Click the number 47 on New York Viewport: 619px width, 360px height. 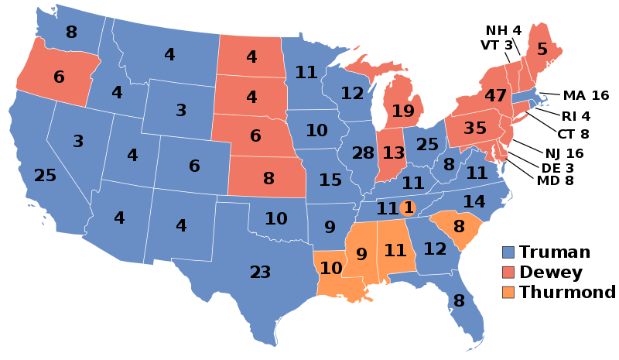click(x=495, y=96)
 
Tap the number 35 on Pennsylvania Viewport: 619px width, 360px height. click(x=474, y=128)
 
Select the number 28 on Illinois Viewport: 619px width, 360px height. click(x=363, y=153)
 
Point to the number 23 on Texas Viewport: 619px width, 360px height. click(x=260, y=273)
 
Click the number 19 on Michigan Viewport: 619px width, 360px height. click(x=402, y=111)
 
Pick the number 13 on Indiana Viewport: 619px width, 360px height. click(x=393, y=153)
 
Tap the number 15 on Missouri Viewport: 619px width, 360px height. click(x=330, y=180)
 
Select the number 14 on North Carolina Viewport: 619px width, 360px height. click(x=474, y=202)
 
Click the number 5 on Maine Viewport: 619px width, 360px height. click(x=542, y=50)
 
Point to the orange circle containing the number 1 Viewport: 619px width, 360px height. click(x=409, y=207)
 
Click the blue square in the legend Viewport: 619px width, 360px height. click(x=508, y=252)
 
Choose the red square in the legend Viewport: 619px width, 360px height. click(x=508, y=272)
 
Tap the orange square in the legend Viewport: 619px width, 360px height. click(x=508, y=292)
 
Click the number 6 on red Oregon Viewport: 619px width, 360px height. click(x=59, y=77)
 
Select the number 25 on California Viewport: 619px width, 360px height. click(x=45, y=176)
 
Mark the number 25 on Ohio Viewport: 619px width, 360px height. click(x=427, y=145)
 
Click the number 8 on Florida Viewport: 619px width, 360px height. click(x=458, y=301)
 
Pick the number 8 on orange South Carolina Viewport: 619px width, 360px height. click(x=459, y=227)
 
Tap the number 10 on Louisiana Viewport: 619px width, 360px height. click(x=330, y=269)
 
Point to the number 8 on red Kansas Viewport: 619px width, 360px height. click(x=268, y=179)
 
